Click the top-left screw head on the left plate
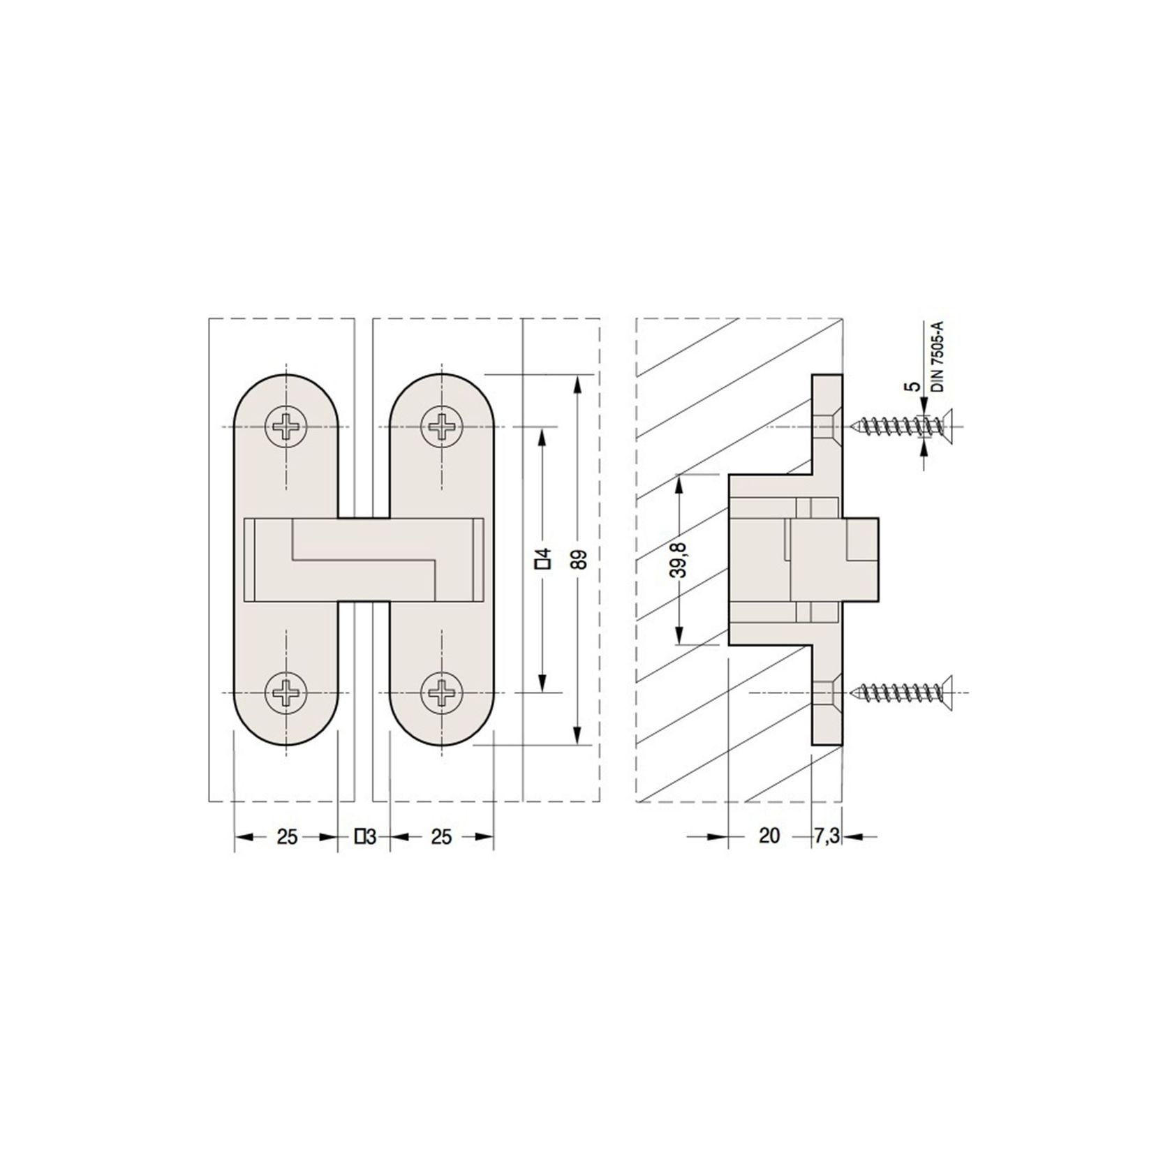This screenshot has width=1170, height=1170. pos(286,426)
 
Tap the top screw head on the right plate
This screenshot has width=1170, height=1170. pos(442,426)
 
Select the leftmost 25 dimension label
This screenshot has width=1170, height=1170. pos(287,836)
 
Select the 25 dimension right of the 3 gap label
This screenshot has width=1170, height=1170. pos(441,836)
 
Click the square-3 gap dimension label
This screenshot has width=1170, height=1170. pos(366,836)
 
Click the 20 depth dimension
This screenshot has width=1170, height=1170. pos(768,836)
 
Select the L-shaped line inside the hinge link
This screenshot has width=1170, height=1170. pos(363,558)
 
